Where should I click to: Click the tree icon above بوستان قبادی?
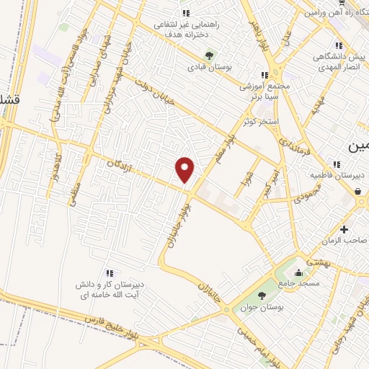click(210, 54)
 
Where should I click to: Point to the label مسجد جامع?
click(298, 284)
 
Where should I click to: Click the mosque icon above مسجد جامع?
click(298, 272)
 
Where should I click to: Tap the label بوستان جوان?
click(261, 306)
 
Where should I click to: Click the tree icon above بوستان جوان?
click(261, 295)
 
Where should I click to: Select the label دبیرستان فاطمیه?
click(337, 175)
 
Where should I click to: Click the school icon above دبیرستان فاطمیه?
click(337, 164)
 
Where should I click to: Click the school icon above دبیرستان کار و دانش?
click(109, 272)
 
